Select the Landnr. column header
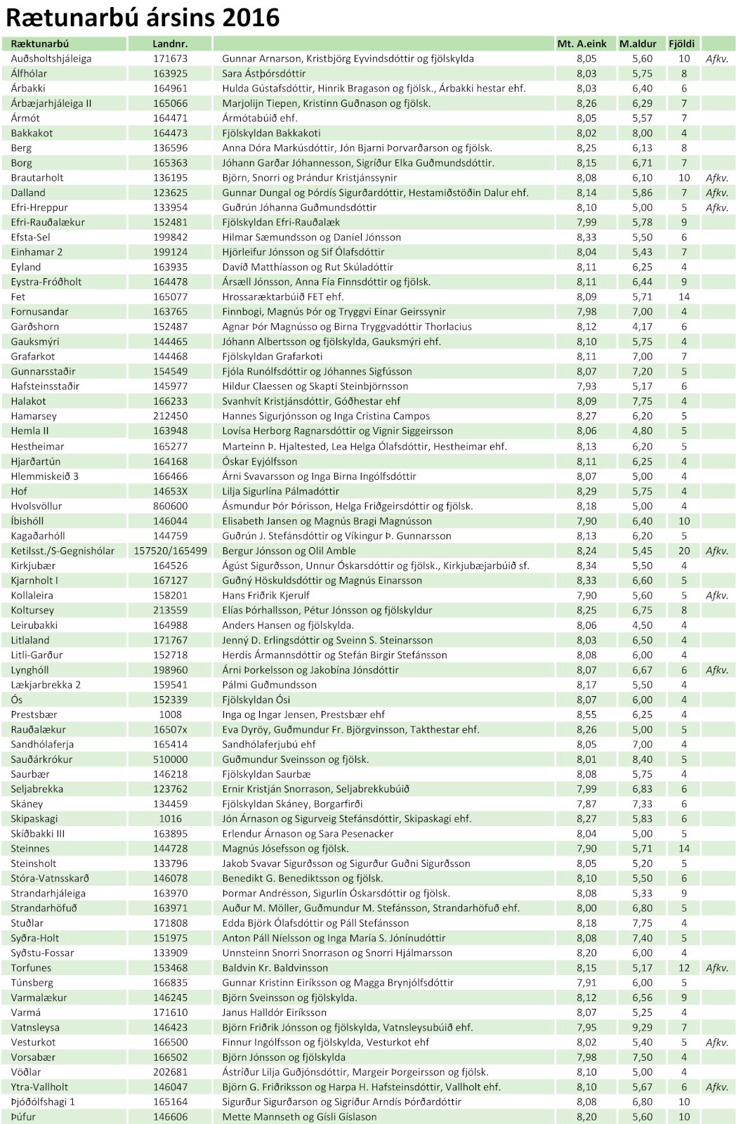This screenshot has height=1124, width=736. point(170,44)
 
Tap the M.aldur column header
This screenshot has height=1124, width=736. point(637,44)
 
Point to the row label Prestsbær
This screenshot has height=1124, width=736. point(34,714)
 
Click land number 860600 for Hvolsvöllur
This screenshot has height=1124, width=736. point(170,506)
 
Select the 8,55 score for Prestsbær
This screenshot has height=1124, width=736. point(586,714)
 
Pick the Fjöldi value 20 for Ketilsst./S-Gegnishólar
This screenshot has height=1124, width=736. point(684,551)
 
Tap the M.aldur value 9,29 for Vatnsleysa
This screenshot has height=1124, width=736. point(642,1027)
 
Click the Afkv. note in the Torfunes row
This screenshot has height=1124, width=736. point(717,967)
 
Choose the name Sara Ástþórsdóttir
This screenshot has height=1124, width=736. point(264,73)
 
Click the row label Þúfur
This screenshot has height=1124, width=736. point(23,1116)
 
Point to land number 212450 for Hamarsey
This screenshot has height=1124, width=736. point(170,416)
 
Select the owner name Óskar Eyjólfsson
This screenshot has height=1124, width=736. point(260,462)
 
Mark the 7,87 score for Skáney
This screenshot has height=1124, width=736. point(586,804)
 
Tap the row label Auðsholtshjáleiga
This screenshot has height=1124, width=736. point(51,58)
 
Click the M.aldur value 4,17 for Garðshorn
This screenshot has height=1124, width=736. point(642,327)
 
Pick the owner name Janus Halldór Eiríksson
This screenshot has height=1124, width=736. point(275,1012)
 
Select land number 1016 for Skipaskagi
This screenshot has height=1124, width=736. point(170,818)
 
